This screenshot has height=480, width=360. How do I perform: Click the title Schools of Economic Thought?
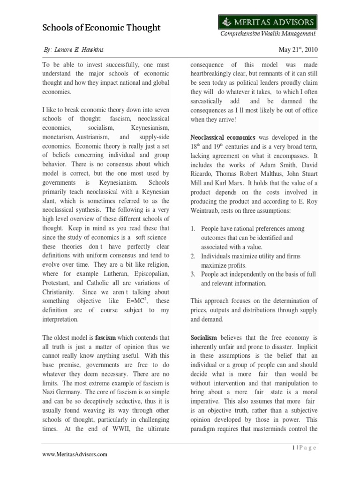click(x=101, y=28)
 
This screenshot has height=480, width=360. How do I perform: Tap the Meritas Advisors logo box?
click(x=267, y=22)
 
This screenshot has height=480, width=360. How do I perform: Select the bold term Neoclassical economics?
click(x=223, y=137)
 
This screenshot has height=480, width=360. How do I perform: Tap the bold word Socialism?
click(x=204, y=337)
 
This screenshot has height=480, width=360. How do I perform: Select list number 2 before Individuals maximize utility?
click(x=193, y=256)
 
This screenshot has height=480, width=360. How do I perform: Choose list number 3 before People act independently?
click(x=193, y=274)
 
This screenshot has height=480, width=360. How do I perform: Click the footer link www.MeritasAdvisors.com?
click(x=75, y=454)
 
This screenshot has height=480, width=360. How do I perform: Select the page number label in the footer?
click(x=303, y=448)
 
